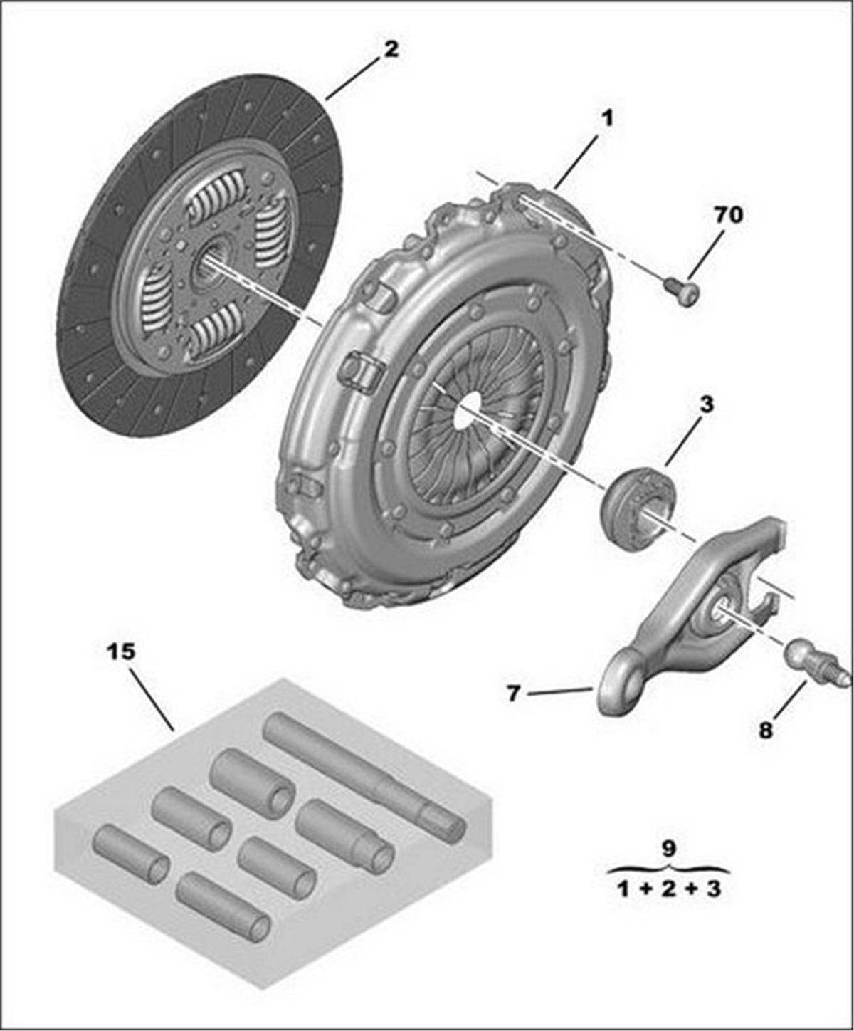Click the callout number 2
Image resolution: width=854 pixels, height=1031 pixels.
pos(391,50)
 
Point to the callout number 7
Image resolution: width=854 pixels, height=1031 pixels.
pos(514,693)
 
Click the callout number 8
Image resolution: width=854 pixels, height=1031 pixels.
pos(765,731)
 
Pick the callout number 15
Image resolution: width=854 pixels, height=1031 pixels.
pos(120,651)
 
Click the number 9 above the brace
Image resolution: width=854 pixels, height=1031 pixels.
pos(668,848)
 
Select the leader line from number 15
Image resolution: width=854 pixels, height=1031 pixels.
pos(151,698)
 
